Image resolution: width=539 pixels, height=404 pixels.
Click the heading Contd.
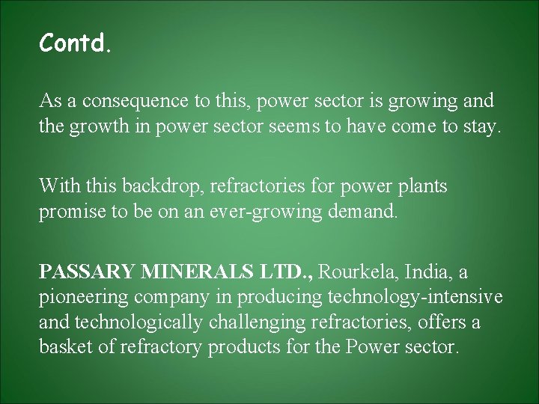(x=76, y=45)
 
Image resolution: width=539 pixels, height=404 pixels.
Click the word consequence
(x=126, y=101)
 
